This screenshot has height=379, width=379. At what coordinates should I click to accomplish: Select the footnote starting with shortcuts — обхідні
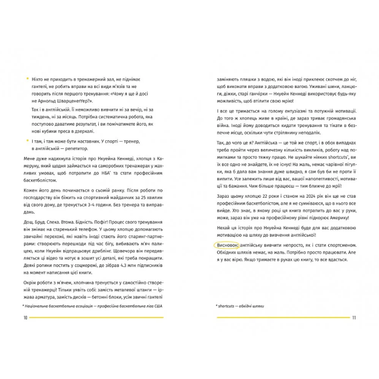pyautogui.click(x=240, y=306)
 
